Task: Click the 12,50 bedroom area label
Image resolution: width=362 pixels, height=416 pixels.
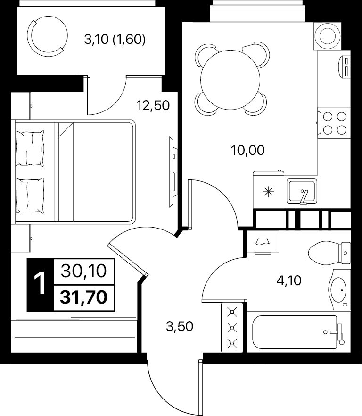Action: (x=153, y=105)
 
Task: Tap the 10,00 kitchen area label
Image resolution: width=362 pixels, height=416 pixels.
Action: (x=248, y=150)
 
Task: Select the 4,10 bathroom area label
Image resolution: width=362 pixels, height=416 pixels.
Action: (x=289, y=280)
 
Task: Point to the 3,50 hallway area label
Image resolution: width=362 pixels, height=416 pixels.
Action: (x=180, y=326)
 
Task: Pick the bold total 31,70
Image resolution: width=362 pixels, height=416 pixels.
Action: (x=84, y=297)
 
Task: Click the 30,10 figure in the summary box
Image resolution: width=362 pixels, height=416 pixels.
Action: (x=84, y=271)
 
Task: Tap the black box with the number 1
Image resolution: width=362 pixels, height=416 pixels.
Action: (x=41, y=284)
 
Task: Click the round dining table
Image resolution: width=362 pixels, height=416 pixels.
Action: (x=230, y=80)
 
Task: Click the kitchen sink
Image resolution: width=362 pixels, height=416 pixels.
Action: (x=302, y=191)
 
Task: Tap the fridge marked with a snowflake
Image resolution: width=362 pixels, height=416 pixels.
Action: (x=269, y=190)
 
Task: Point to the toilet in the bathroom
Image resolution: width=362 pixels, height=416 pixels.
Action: (x=329, y=253)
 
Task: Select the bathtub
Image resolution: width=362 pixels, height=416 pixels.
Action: (x=298, y=332)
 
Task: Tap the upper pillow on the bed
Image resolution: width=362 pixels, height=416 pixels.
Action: (x=30, y=148)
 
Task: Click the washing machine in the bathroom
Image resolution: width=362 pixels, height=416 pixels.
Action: (x=263, y=242)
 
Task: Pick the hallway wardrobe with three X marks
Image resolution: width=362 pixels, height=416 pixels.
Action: (x=232, y=327)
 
